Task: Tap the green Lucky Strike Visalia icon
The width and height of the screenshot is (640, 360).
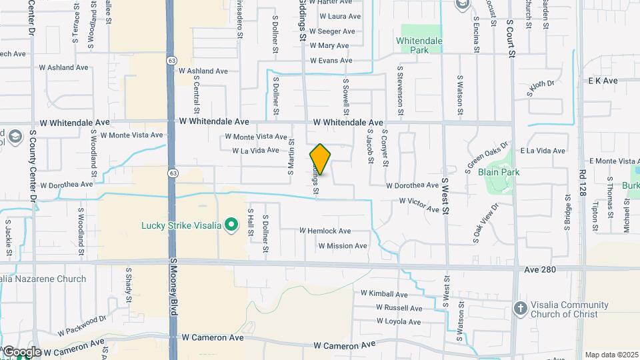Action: pyautogui.click(x=231, y=225)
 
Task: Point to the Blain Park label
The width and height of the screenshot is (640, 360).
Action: pyautogui.click(x=499, y=172)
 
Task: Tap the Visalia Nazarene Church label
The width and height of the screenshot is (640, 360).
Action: pyautogui.click(x=44, y=279)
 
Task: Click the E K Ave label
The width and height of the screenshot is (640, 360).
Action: pyautogui.click(x=603, y=81)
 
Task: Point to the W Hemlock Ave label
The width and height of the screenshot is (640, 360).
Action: pyautogui.click(x=325, y=231)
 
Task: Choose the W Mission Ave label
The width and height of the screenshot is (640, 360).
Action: pyautogui.click(x=343, y=246)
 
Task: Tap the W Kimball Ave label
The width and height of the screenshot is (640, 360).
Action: pyautogui.click(x=384, y=293)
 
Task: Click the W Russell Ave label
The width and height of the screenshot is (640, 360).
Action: pyautogui.click(x=399, y=308)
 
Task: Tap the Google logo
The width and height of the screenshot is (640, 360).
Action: pyautogui.click(x=21, y=351)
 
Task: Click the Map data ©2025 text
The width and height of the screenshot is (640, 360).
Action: pyautogui.click(x=611, y=355)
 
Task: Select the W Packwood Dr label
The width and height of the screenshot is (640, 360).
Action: pyautogui.click(x=81, y=326)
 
